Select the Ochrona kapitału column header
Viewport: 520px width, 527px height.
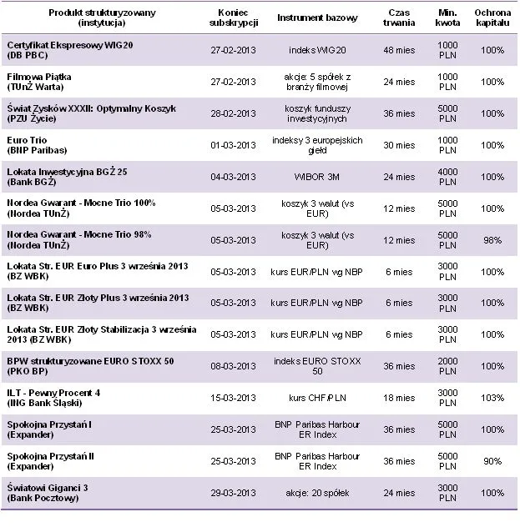tap(492, 18)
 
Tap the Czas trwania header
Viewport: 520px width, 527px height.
tap(399, 18)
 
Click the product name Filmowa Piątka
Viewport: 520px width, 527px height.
tap(39, 76)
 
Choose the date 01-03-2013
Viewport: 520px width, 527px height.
tap(234, 145)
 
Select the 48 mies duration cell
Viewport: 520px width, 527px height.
tap(399, 50)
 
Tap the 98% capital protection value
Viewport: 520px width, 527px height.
tap(492, 240)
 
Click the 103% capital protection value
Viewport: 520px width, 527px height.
tap(492, 399)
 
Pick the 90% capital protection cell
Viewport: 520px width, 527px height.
tap(492, 462)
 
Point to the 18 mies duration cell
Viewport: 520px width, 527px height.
tap(399, 399)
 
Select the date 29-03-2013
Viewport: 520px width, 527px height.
tap(234, 494)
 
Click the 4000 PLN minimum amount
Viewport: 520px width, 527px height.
tap(447, 177)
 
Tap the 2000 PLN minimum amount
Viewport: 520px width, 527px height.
tap(447, 367)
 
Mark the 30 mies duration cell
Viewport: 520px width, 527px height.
tap(399, 145)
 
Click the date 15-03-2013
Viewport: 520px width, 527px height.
tap(234, 399)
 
